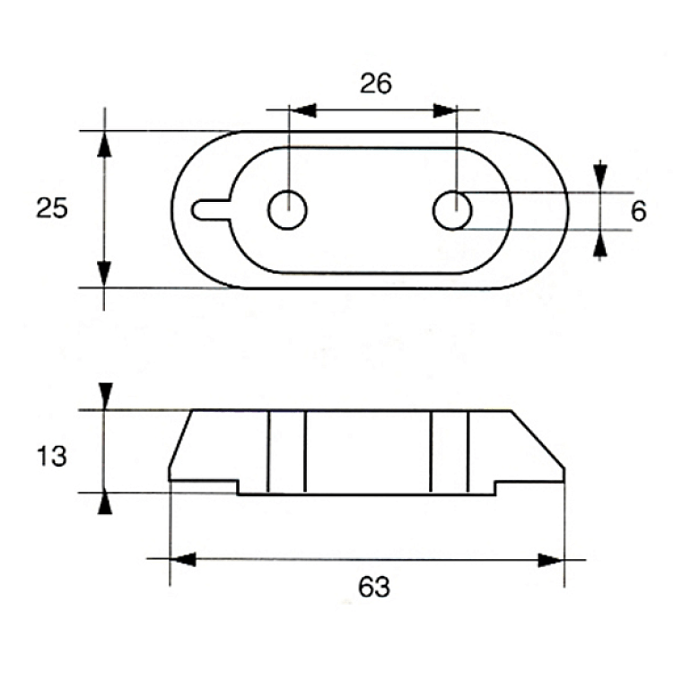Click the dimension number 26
pyautogui.click(x=376, y=83)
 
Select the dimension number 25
pyautogui.click(x=51, y=208)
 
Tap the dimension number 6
pyautogui.click(x=638, y=211)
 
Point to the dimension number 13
pyautogui.click(x=51, y=456)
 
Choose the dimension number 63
pyautogui.click(x=374, y=587)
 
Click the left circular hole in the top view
pyautogui.click(x=287, y=210)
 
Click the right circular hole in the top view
pyautogui.click(x=452, y=210)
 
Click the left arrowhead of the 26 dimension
pyautogui.click(x=303, y=110)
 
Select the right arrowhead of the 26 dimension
pyautogui.click(x=445, y=110)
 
